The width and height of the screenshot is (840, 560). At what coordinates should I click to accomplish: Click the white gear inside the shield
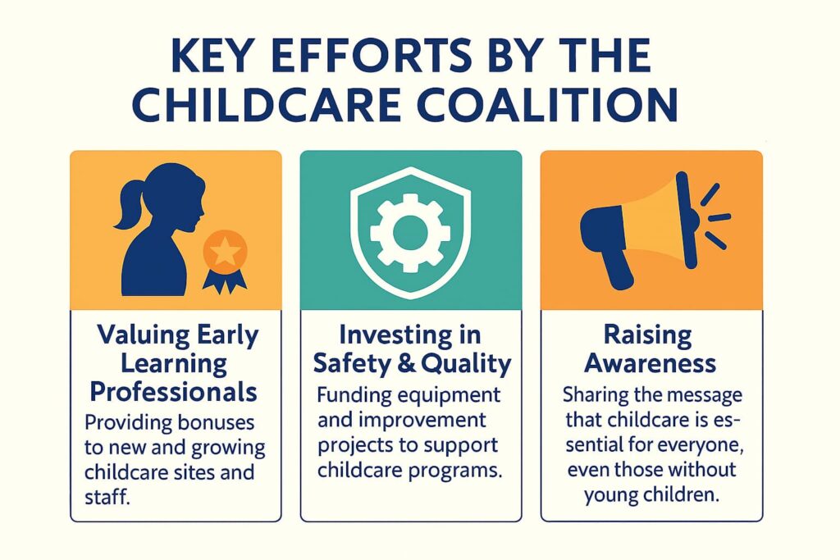(410, 232)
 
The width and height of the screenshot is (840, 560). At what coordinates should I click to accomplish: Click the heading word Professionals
(174, 392)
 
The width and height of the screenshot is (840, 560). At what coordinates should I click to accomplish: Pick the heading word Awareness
(651, 362)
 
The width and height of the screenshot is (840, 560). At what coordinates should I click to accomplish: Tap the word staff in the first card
(111, 499)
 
